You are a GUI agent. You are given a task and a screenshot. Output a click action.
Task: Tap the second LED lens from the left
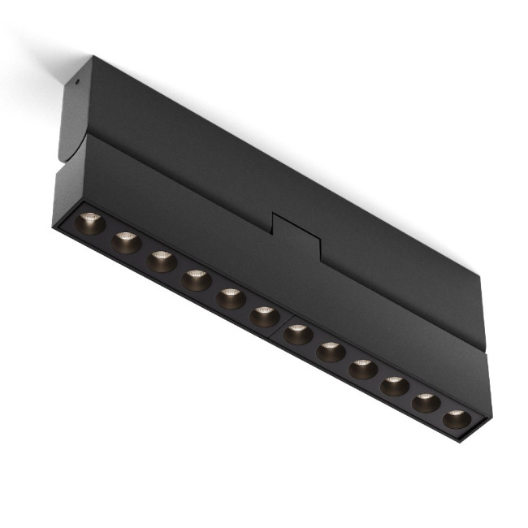point(127,242)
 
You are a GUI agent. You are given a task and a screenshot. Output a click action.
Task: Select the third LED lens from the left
point(162,261)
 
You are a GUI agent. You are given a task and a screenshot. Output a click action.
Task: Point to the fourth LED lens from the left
point(197,280)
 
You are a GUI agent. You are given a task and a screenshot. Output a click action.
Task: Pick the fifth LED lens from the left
point(231,298)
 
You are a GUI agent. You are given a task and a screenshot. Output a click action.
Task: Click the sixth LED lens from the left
point(265,316)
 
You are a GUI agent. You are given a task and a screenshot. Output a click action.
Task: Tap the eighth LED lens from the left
point(331,351)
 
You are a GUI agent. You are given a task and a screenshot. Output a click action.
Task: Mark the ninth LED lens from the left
point(363,369)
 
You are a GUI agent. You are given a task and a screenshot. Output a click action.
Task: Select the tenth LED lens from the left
point(395,385)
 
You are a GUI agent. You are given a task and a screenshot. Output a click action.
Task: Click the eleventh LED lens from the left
point(426,402)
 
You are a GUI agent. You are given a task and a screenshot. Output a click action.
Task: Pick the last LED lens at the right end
point(457,419)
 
